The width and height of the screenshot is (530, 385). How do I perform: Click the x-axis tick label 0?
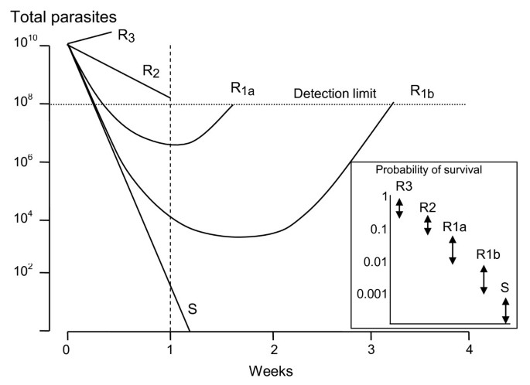68,347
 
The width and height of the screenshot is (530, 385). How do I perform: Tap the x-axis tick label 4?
469,347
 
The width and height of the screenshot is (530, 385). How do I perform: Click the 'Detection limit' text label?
335,94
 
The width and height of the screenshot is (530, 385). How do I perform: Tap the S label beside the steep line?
193,309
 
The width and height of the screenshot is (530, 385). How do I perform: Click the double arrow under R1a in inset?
453,250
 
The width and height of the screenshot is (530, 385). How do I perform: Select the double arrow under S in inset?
505,311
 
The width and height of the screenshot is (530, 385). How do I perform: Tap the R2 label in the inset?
429,207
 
